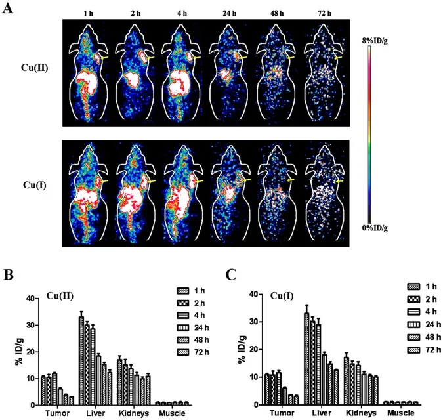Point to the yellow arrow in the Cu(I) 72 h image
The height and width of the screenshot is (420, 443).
click(x=341, y=180)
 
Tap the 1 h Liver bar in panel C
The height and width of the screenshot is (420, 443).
click(x=306, y=348)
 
